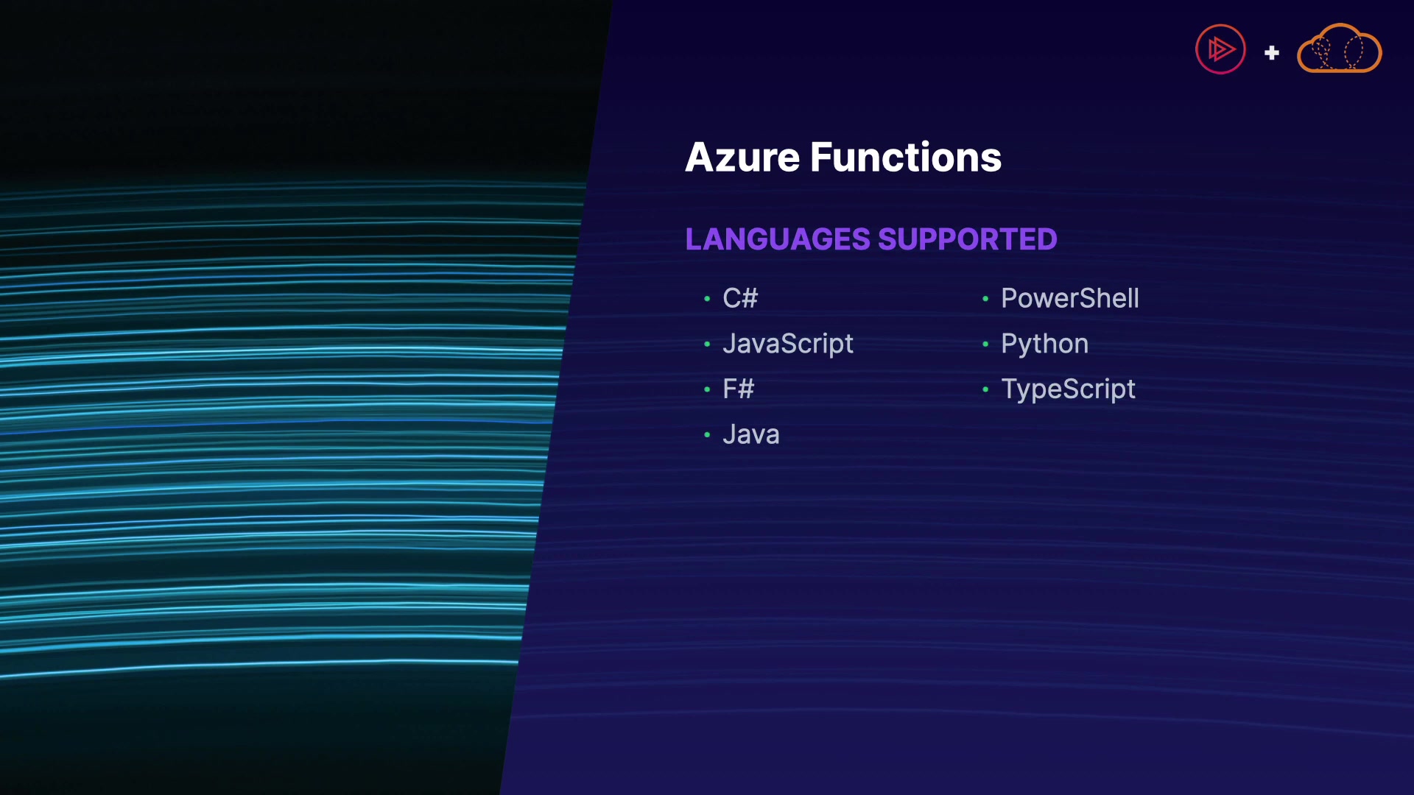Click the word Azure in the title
pos(742,158)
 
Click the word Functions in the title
pos(906,158)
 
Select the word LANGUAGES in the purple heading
pos(778,239)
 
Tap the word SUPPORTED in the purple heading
pos(967,239)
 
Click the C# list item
pos(740,298)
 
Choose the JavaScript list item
pos(788,344)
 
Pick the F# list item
pos(739,389)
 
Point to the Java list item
pos(751,434)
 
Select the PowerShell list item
pos(1070,298)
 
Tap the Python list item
pos(1044,344)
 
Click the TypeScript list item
pos(1068,389)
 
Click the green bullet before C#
pos(707,299)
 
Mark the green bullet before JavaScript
pos(707,344)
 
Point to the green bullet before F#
pos(707,389)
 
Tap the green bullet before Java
pos(707,435)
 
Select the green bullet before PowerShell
pos(985,299)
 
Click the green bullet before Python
pos(985,344)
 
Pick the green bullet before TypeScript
pos(985,389)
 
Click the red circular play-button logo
pos(1220,49)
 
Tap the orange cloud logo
pos(1340,49)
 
